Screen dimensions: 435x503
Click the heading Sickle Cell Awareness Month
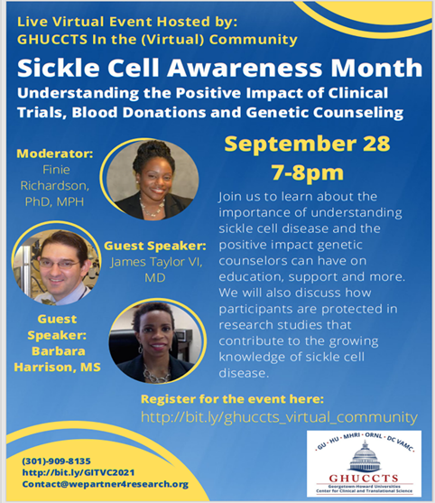220,68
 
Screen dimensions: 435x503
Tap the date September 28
307,144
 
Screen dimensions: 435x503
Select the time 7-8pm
308,173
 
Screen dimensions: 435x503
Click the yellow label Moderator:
55,154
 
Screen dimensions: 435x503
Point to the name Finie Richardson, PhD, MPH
55,186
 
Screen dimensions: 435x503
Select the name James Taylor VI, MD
156,269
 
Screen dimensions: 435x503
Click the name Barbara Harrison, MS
58,359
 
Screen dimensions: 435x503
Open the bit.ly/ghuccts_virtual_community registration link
279,417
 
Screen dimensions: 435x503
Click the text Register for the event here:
233,399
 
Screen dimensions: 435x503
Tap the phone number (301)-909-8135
57,461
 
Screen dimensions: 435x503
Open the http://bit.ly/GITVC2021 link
79,472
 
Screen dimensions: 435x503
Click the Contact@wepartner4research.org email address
106,484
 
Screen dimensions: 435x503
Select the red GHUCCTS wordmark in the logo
364,479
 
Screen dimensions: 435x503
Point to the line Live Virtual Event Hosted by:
127,22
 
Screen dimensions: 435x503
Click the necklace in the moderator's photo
152,208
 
